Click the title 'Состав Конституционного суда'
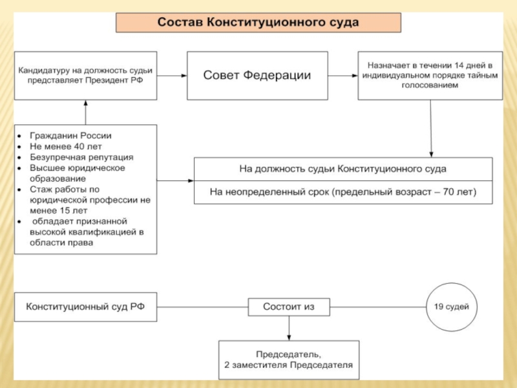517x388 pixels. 258,23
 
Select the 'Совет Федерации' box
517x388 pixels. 257,76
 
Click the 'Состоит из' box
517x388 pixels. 288,307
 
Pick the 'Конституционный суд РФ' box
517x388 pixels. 85,307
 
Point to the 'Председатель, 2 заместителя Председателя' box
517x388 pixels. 288,360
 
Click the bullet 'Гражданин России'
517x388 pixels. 70,136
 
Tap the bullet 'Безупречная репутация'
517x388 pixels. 81,157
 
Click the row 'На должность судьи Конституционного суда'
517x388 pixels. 343,169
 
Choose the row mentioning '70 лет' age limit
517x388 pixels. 343,192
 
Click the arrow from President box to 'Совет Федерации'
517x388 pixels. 171,76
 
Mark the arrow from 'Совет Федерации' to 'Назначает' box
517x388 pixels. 342,76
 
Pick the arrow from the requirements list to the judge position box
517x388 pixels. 175,180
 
